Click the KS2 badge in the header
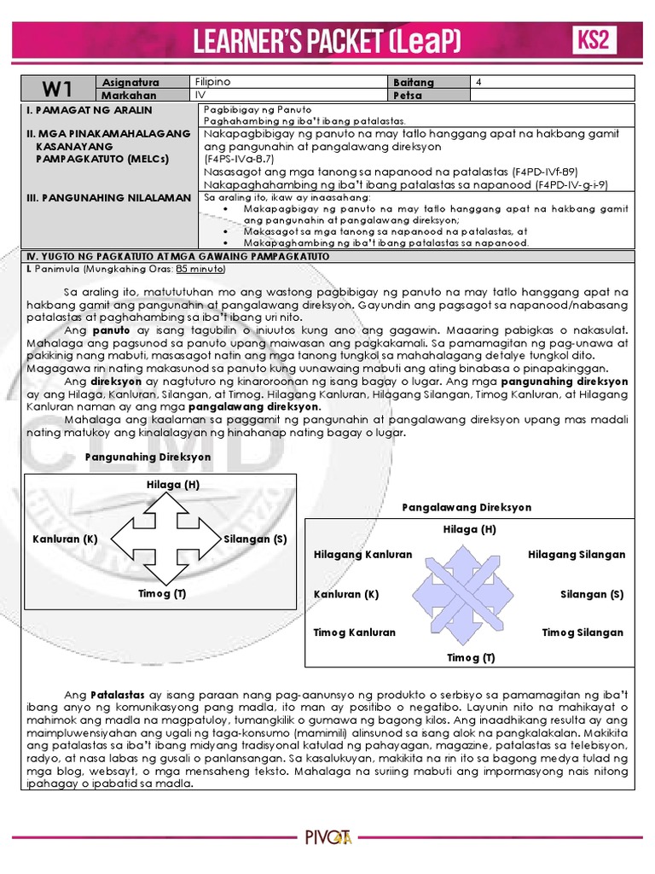pyautogui.click(x=594, y=40)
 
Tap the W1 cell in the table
pyautogui.click(x=54, y=89)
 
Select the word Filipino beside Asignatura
pyautogui.click(x=213, y=82)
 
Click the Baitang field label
pyautogui.click(x=414, y=83)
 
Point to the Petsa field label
pyautogui.click(x=408, y=96)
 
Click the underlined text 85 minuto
pyautogui.click(x=200, y=268)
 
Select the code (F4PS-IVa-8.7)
pyautogui.click(x=239, y=159)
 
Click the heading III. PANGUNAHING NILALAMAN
pyautogui.click(x=109, y=197)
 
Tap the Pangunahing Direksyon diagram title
pyautogui.click(x=148, y=457)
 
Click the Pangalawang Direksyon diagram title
pyautogui.click(x=467, y=507)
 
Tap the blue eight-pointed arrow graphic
pyautogui.click(x=469, y=594)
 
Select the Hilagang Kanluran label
pyautogui.click(x=362, y=555)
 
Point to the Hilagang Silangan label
pyautogui.click(x=576, y=555)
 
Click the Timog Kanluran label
pyautogui.click(x=355, y=632)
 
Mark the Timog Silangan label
pyautogui.click(x=583, y=632)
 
